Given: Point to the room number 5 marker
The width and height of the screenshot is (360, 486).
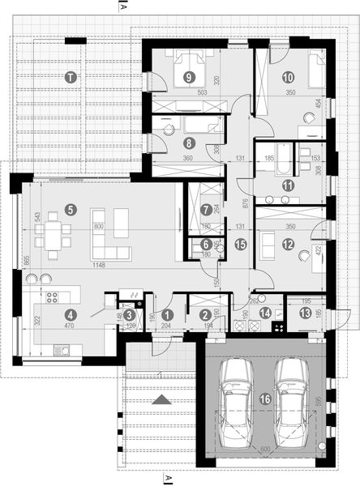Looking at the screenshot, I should (x=71, y=210).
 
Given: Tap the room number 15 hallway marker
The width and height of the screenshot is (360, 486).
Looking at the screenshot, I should (x=239, y=243).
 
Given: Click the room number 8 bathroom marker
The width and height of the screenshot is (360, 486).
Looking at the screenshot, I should (x=189, y=141).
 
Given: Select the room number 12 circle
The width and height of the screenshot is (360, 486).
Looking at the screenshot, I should (x=287, y=243).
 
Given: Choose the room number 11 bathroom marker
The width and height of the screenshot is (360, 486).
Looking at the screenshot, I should (x=287, y=185).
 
